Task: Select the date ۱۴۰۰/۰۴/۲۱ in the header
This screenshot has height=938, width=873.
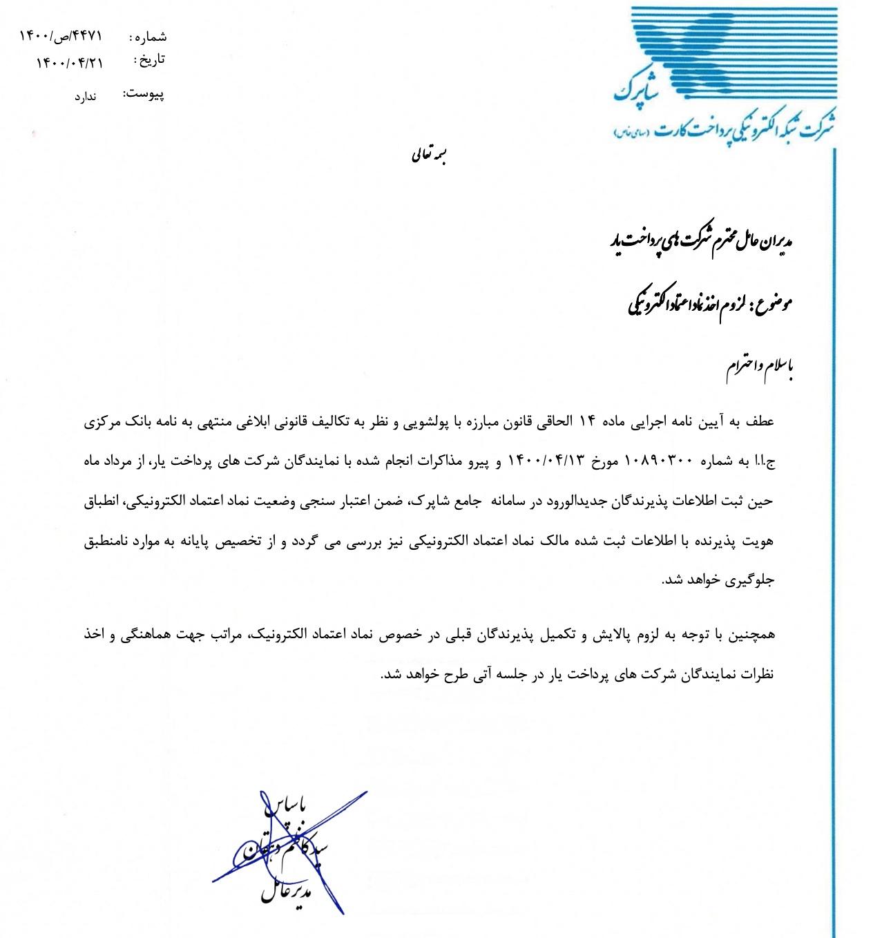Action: (68, 62)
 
